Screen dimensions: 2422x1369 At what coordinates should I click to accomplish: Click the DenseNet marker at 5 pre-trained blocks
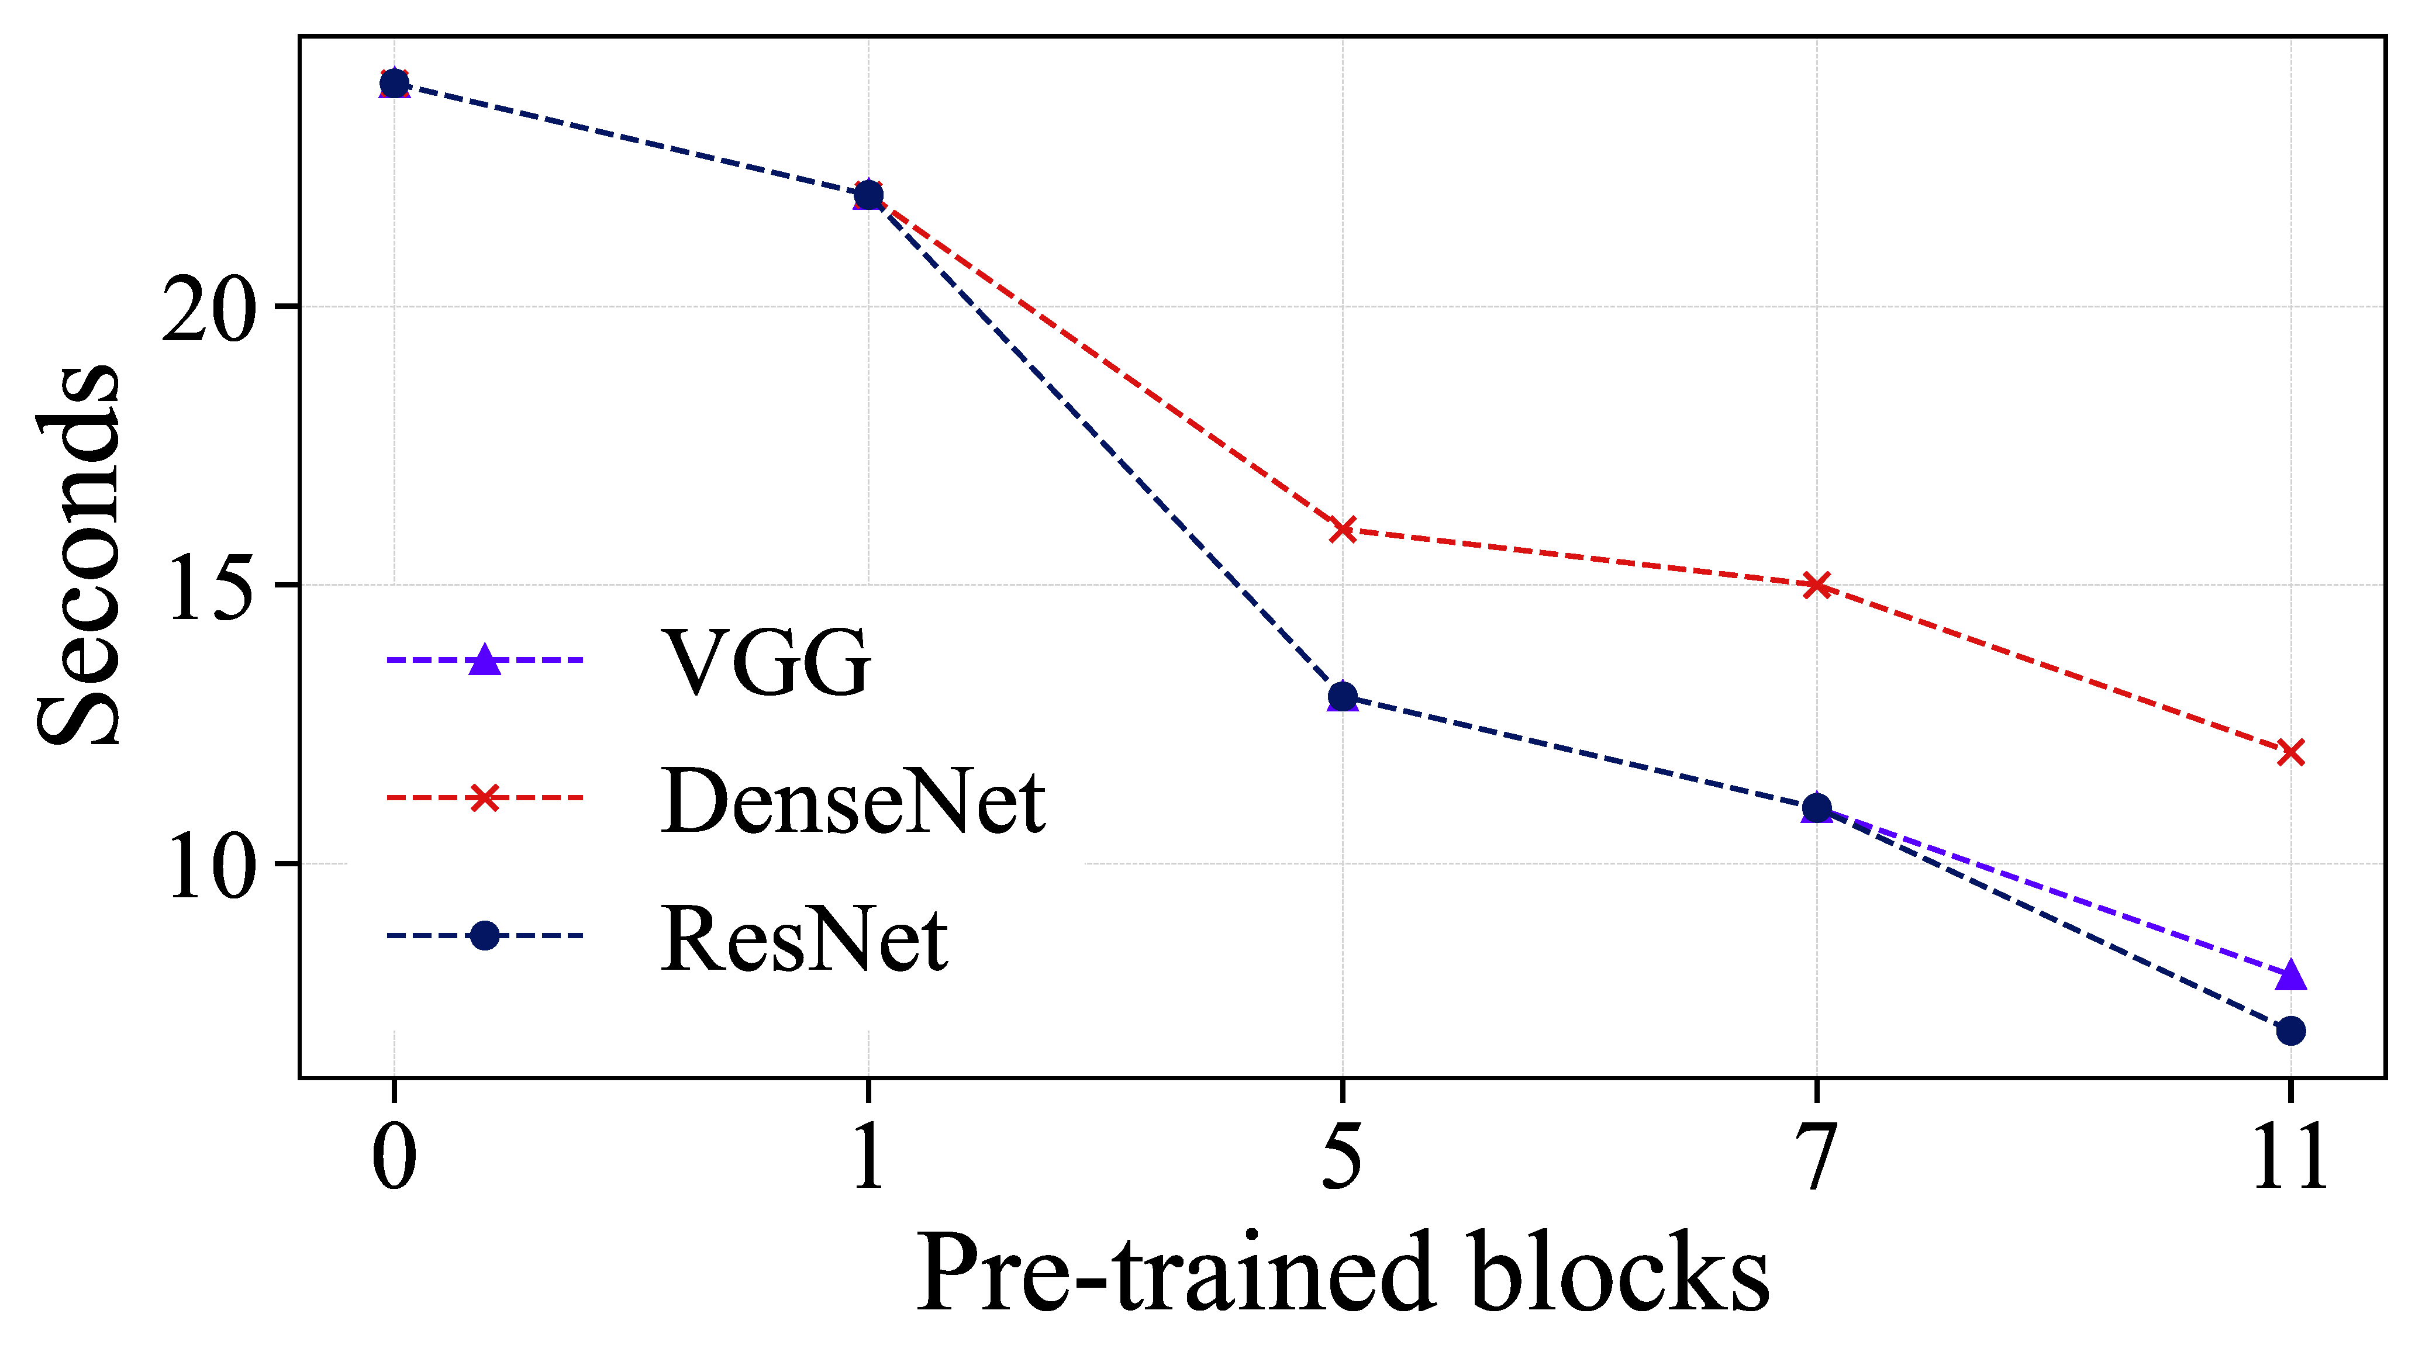coord(1342,530)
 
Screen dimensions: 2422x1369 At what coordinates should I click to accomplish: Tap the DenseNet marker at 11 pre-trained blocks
coord(2290,752)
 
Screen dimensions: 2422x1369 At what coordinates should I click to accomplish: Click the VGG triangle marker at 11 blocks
coord(2290,974)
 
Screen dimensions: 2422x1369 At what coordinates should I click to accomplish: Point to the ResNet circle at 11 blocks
coord(2290,1031)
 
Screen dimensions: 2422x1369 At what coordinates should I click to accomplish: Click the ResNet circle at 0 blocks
coord(394,84)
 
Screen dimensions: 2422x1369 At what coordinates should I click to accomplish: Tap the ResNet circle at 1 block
coord(868,195)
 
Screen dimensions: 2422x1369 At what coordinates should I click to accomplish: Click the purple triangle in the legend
coord(484,659)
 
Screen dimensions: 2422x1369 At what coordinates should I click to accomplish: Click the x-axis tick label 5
coord(1342,1156)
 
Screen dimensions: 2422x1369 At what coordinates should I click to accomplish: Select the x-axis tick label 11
coord(2290,1156)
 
